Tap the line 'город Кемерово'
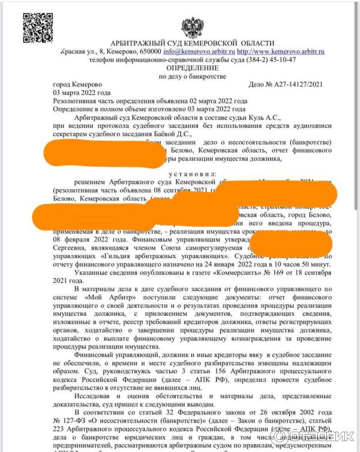tap(77, 85)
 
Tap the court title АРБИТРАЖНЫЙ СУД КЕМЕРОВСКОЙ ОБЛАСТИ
tap(192, 44)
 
